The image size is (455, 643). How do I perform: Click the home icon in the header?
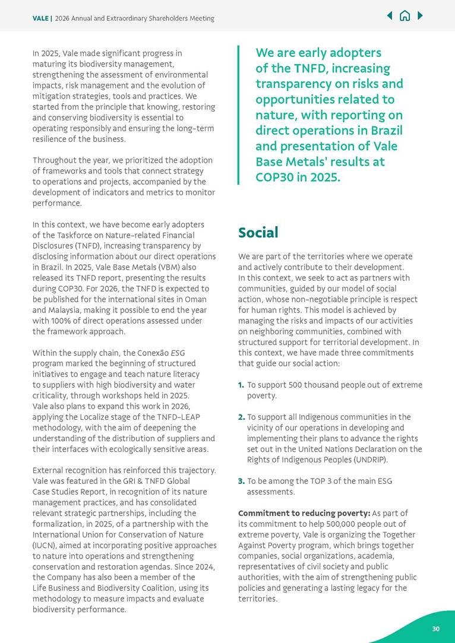[x=405, y=16]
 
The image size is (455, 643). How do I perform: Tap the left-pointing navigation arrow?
[x=390, y=16]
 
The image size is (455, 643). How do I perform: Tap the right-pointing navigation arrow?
[x=421, y=16]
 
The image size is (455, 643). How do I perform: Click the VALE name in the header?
[x=41, y=18]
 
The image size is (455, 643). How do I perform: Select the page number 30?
[x=435, y=629]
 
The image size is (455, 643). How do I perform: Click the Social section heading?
[x=258, y=233]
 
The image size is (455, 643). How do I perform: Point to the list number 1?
[x=241, y=385]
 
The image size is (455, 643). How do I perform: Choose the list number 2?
[x=241, y=417]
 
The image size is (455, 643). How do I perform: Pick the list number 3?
[x=241, y=481]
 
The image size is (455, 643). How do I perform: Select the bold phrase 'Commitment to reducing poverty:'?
[x=304, y=513]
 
